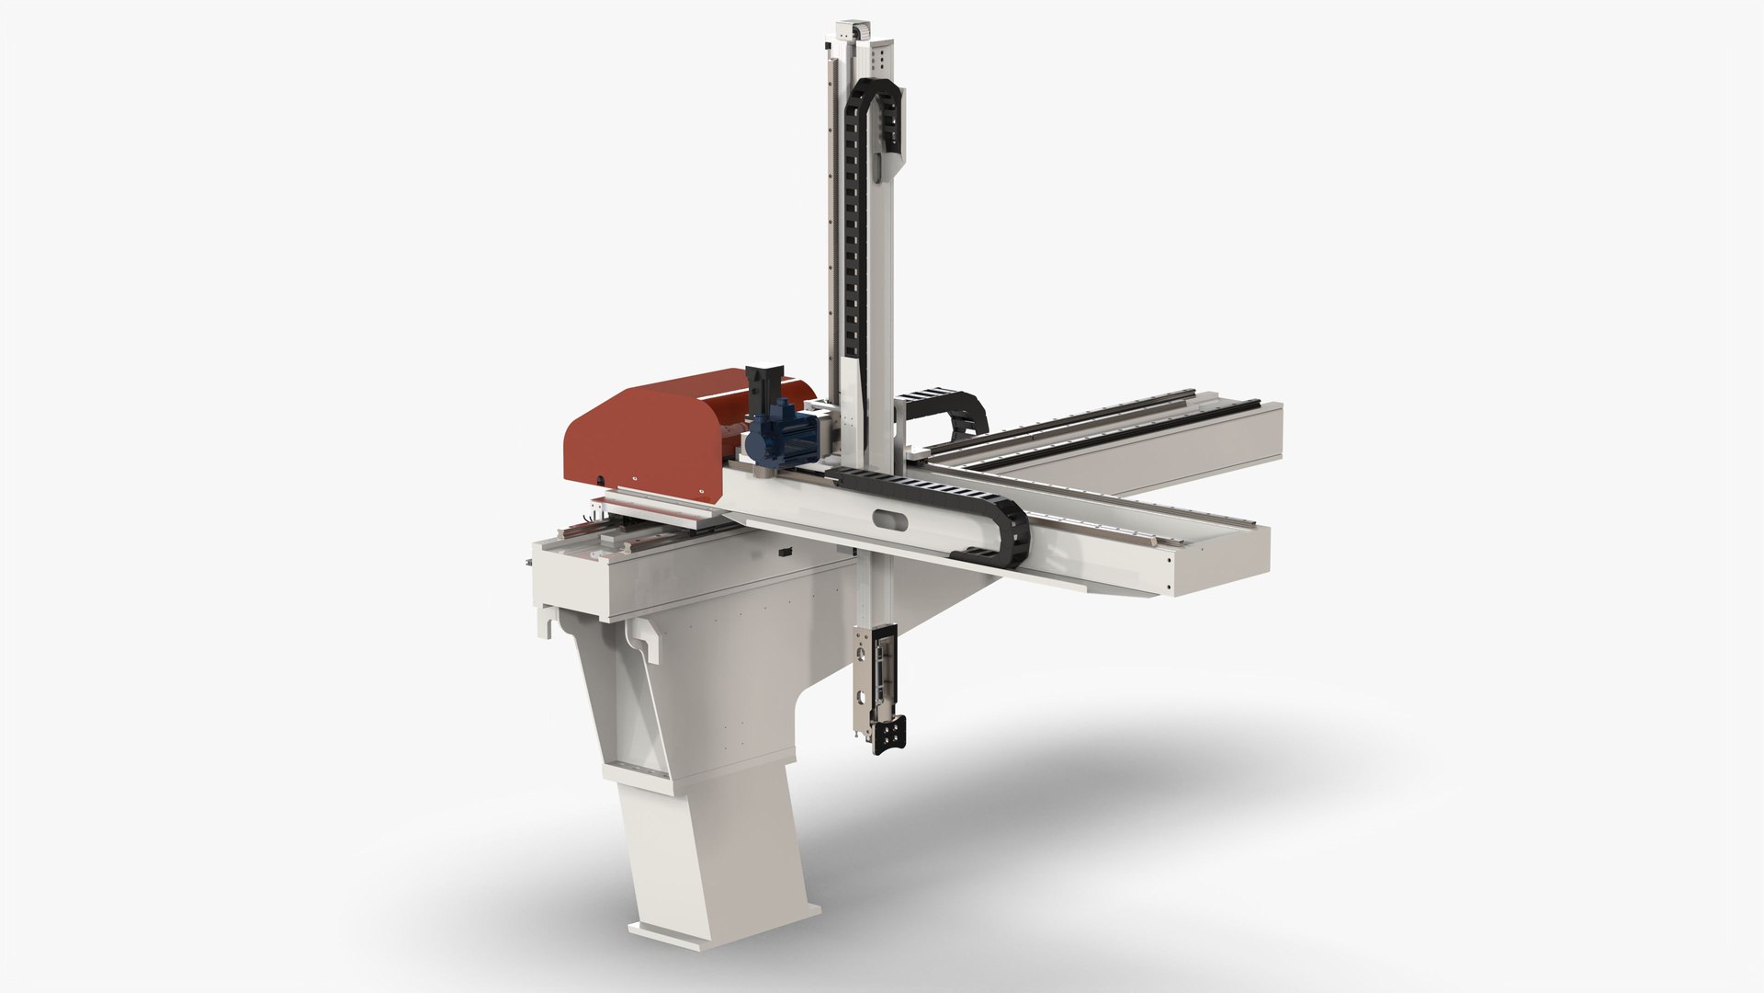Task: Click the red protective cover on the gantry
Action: tap(643, 432)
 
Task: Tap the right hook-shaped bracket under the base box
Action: tap(644, 640)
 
